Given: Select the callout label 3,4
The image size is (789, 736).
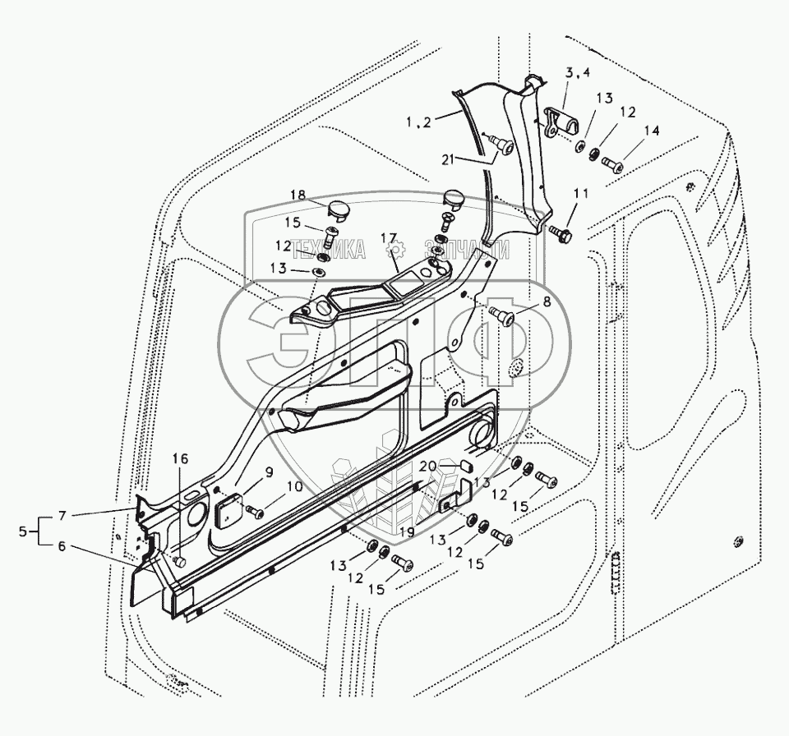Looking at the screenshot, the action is (576, 74).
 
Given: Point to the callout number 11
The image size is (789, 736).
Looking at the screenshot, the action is (581, 194).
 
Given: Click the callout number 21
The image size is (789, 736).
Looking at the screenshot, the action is (446, 158).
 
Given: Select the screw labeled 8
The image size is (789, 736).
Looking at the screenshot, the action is (501, 316).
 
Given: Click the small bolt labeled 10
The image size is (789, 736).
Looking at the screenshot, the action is (256, 511).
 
